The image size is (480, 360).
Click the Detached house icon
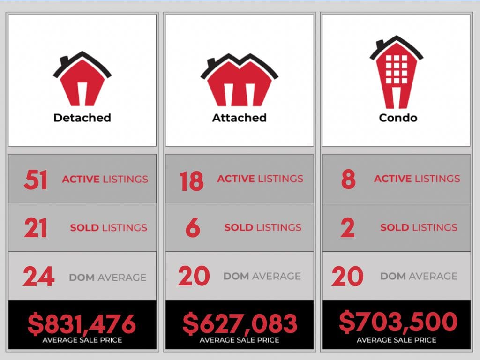tap(82, 80)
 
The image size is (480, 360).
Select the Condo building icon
tap(396, 73)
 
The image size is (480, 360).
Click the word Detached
tap(82, 117)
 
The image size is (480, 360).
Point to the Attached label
tap(239, 117)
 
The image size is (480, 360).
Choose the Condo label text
tap(397, 117)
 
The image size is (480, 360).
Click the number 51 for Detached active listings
tap(36, 180)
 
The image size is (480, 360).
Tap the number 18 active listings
tap(192, 180)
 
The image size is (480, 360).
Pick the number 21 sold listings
tap(36, 228)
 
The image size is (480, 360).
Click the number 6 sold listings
tap(193, 228)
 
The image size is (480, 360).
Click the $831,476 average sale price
tap(82, 323)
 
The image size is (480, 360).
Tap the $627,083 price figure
tap(240, 323)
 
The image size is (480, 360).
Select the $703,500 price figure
tap(397, 322)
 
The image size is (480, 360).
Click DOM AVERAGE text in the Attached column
tap(262, 276)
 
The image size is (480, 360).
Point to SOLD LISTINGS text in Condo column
tap(419, 227)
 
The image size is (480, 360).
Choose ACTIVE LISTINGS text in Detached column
tap(105, 179)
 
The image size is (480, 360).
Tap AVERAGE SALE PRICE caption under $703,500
tap(397, 340)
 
